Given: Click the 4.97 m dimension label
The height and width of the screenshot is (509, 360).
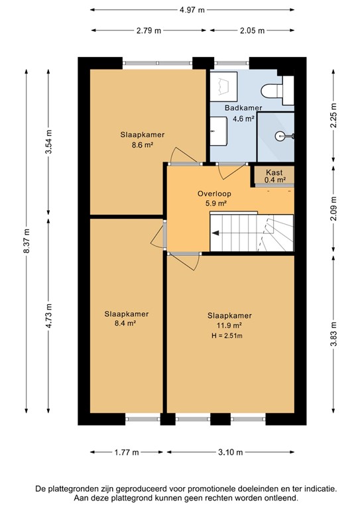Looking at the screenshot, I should (192, 9).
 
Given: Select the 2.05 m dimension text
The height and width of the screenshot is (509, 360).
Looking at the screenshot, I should (252, 30).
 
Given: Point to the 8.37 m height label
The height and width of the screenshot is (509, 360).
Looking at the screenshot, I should (26, 241).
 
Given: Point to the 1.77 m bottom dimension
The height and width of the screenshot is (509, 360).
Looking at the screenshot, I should (125, 453).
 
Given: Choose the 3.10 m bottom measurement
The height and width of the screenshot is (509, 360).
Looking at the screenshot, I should (229, 453).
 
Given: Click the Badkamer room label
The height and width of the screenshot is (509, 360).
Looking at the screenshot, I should (243, 108).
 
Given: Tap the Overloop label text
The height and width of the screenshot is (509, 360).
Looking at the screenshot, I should (214, 194).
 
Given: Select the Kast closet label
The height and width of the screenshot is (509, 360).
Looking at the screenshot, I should (274, 172).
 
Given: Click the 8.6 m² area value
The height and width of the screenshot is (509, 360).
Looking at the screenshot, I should (142, 145).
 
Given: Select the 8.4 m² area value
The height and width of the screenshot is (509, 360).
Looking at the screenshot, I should (126, 323).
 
